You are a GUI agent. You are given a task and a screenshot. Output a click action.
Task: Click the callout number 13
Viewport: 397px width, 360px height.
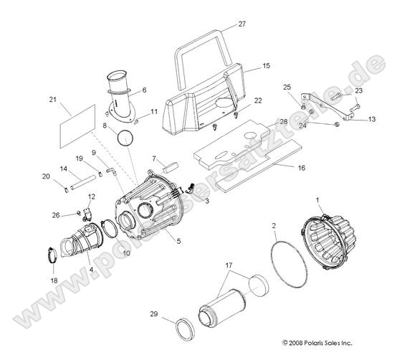tap(372, 120)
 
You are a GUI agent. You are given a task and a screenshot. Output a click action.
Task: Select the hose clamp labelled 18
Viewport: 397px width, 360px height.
tap(54, 253)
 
